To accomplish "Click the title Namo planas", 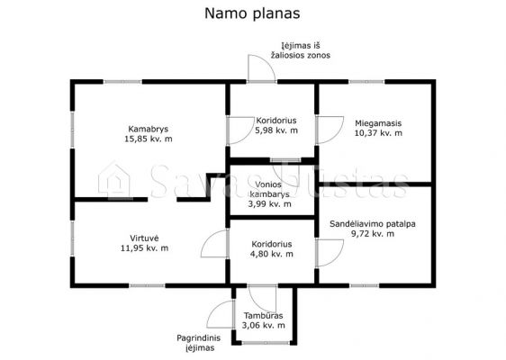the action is pyautogui.click(x=252, y=13).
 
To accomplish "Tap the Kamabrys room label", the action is pyautogui.click(x=149, y=129).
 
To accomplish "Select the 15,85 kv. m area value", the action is pyautogui.click(x=149, y=139).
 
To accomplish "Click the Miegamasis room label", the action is pyautogui.click(x=378, y=123).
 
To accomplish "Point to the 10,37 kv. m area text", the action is pyautogui.click(x=378, y=133).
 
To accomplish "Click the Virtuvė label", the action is pyautogui.click(x=144, y=238).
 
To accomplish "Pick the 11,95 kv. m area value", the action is pyautogui.click(x=144, y=248).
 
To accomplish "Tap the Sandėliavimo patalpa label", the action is pyautogui.click(x=373, y=224).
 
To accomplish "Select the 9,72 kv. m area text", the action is pyautogui.click(x=373, y=233).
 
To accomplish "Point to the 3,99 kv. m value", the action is pyautogui.click(x=270, y=204).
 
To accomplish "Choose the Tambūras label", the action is pyautogui.click(x=263, y=316).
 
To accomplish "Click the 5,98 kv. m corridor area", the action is pyautogui.click(x=276, y=130).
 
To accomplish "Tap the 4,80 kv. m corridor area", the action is pyautogui.click(x=272, y=254).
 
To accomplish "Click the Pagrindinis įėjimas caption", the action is pyautogui.click(x=199, y=343).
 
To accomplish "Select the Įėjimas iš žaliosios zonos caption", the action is pyautogui.click(x=301, y=50).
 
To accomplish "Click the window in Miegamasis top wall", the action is pyautogui.click(x=366, y=82).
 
